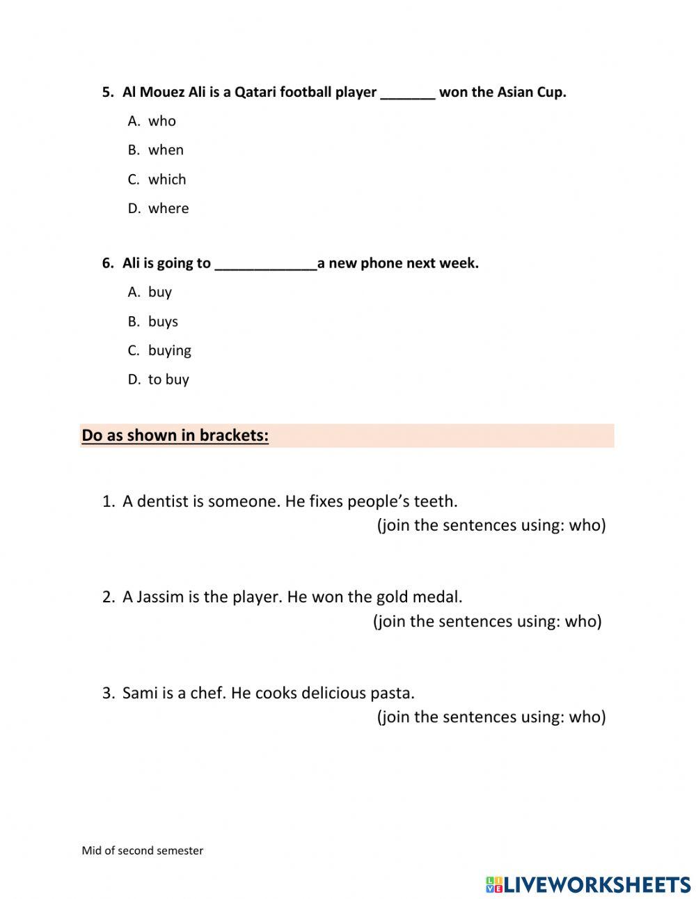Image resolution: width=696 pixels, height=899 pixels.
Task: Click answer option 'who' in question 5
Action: [161, 121]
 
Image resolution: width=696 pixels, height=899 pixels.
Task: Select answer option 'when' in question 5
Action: [166, 150]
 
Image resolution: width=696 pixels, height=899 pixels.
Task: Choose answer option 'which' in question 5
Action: [167, 180]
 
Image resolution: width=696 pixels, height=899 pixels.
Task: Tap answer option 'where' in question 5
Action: [168, 209]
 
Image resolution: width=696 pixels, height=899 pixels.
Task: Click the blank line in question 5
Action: [408, 94]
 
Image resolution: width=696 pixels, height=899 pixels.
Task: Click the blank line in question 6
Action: [266, 265]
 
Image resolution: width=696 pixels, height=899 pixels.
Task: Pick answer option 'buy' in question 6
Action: [160, 292]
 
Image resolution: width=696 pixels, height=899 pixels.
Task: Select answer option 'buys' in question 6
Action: [163, 322]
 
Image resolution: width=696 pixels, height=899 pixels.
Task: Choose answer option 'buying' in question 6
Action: [170, 351]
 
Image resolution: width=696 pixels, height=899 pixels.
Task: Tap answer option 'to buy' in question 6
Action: [168, 380]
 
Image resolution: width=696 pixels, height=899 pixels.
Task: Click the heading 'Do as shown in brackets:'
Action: [175, 435]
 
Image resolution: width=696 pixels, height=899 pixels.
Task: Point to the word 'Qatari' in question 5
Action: [255, 93]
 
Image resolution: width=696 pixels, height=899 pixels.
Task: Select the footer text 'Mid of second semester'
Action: [143, 850]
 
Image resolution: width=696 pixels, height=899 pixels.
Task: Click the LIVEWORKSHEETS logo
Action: [588, 884]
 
